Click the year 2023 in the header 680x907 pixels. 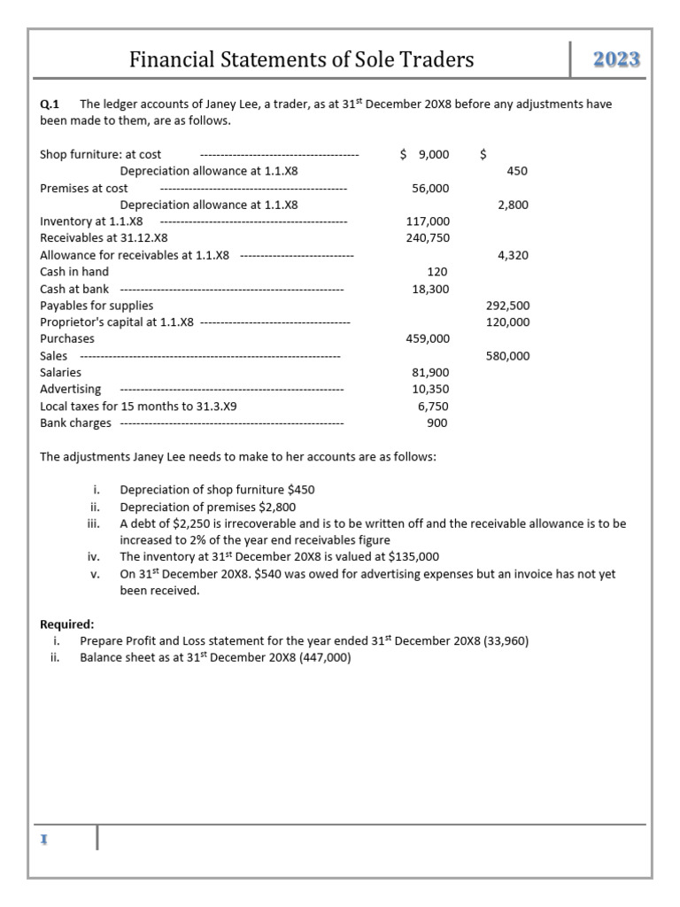(616, 60)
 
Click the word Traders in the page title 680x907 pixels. (434, 60)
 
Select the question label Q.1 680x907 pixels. (50, 105)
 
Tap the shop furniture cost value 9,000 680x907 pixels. (433, 154)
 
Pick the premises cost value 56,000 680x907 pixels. (430, 188)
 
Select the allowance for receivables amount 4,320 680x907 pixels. (514, 255)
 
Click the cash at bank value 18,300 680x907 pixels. (430, 289)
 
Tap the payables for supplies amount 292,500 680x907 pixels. (508, 306)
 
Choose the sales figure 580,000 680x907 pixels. (508, 356)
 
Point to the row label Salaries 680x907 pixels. (61, 373)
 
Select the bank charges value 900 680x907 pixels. (437, 423)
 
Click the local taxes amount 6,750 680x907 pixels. (433, 407)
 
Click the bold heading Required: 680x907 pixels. (67, 624)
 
